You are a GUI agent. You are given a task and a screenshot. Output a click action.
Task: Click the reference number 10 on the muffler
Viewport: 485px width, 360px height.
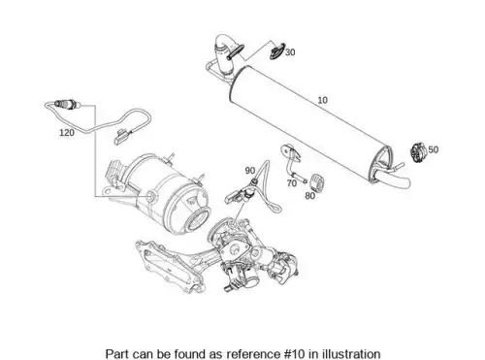pyautogui.click(x=322, y=100)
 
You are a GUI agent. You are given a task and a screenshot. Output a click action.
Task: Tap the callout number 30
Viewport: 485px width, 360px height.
pyautogui.click(x=290, y=52)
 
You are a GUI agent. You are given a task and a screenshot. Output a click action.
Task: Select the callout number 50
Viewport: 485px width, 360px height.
pyautogui.click(x=434, y=149)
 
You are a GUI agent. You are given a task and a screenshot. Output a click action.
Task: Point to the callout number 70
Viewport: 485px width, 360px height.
pyautogui.click(x=292, y=183)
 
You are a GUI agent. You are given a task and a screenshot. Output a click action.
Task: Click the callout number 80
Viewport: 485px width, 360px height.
pyautogui.click(x=309, y=196)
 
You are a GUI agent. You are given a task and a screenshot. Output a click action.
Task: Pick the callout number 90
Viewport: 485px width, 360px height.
pyautogui.click(x=250, y=171)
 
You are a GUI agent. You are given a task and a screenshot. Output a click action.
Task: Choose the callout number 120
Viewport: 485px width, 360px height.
pyautogui.click(x=67, y=133)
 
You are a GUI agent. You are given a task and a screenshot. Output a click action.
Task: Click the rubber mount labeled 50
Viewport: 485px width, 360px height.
pyautogui.click(x=418, y=152)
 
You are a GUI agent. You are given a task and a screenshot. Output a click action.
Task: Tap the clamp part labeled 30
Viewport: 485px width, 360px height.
pyautogui.click(x=277, y=51)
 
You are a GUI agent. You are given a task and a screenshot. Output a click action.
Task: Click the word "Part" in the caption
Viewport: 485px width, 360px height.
pyautogui.click(x=116, y=353)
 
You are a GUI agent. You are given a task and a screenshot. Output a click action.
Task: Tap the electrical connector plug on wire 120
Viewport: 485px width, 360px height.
pyautogui.click(x=120, y=136)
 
